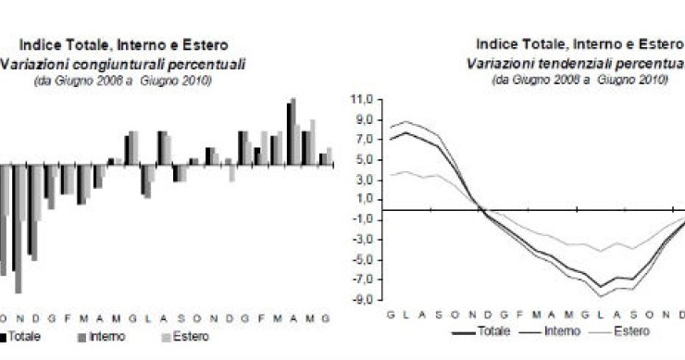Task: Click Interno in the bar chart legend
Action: [103, 337]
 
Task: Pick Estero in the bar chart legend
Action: [189, 337]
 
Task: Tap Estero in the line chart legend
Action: [631, 330]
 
